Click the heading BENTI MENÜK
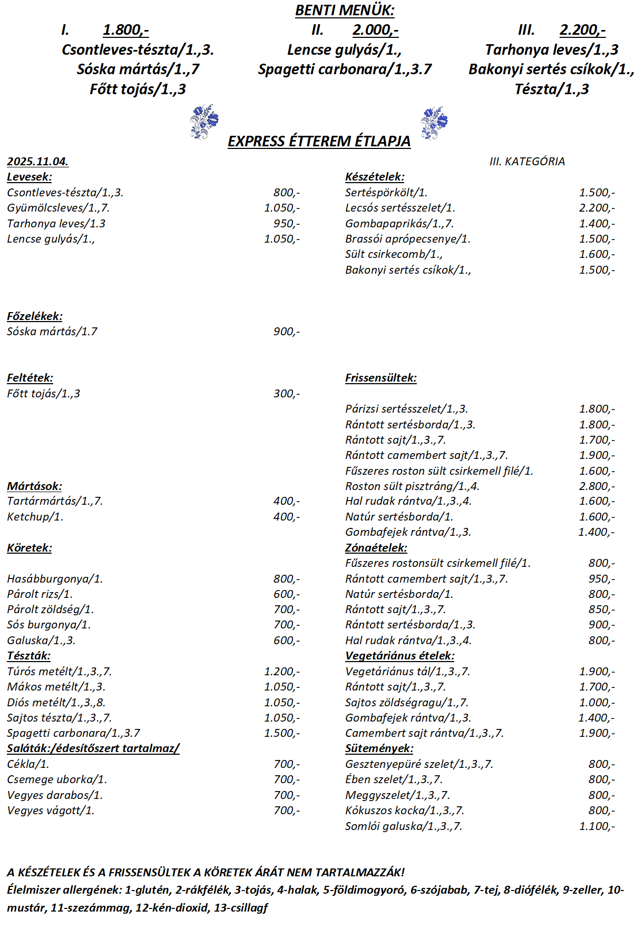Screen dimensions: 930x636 click(345, 11)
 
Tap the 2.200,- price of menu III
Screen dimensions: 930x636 click(582, 30)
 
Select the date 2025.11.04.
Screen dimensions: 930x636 click(37, 162)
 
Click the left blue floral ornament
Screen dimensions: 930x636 click(204, 122)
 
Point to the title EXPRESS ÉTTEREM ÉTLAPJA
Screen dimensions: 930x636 click(319, 142)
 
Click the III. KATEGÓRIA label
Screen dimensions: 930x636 click(527, 162)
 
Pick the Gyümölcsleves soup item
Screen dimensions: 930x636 click(58, 208)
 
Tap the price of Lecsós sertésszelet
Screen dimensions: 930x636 click(596, 208)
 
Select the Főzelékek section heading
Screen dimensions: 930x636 click(35, 316)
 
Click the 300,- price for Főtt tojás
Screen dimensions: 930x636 click(286, 394)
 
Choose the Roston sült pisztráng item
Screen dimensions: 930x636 click(412, 486)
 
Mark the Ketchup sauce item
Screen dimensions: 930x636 click(35, 517)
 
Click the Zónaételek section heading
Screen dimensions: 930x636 click(376, 548)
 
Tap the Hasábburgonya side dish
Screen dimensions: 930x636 click(55, 579)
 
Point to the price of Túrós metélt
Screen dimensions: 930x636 click(282, 672)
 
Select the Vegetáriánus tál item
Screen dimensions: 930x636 click(407, 672)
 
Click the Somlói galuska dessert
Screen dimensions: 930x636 click(403, 826)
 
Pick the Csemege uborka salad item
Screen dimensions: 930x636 click(57, 779)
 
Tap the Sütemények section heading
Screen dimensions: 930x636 click(379, 748)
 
